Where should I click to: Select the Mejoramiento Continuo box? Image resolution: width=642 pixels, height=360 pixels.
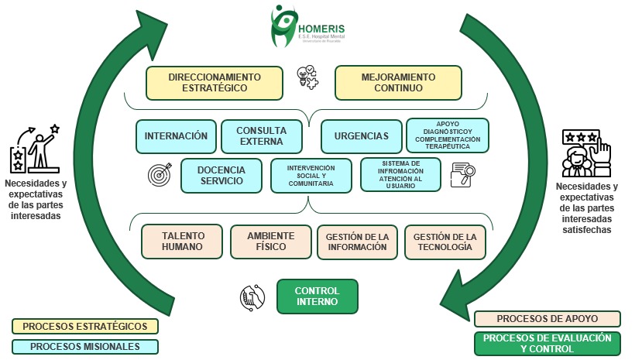pyautogui.click(x=397, y=83)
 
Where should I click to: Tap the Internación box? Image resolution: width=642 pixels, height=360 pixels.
pyautogui.click(x=176, y=135)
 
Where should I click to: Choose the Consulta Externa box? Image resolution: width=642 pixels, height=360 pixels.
pyautogui.click(x=261, y=135)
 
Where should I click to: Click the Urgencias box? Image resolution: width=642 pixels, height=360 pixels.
pyautogui.click(x=361, y=135)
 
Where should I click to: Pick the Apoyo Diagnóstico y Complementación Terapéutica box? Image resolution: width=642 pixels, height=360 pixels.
pyautogui.click(x=448, y=135)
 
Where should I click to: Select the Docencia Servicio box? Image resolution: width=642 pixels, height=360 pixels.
pyautogui.click(x=221, y=175)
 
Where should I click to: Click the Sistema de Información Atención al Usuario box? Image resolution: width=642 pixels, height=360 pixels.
pyautogui.click(x=400, y=175)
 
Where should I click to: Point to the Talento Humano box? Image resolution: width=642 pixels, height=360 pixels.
pyautogui.click(x=182, y=242)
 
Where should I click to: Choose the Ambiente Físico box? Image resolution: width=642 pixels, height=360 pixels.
pyautogui.click(x=271, y=242)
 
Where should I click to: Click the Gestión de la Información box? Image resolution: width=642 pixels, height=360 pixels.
pyautogui.click(x=356, y=242)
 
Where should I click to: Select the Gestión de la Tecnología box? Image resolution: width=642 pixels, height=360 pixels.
pyautogui.click(x=445, y=242)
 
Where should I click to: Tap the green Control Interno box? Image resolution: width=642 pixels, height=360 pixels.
pyautogui.click(x=318, y=297)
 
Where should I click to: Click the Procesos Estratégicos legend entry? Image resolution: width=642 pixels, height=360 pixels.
pyautogui.click(x=85, y=326)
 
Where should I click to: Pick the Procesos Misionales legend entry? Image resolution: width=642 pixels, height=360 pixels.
pyautogui.click(x=85, y=347)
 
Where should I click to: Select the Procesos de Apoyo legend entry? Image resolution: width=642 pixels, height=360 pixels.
pyautogui.click(x=547, y=319)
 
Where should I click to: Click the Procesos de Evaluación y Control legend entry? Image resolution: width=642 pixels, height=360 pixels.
pyautogui.click(x=547, y=343)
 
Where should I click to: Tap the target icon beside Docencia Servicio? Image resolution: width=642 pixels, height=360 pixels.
pyautogui.click(x=158, y=176)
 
